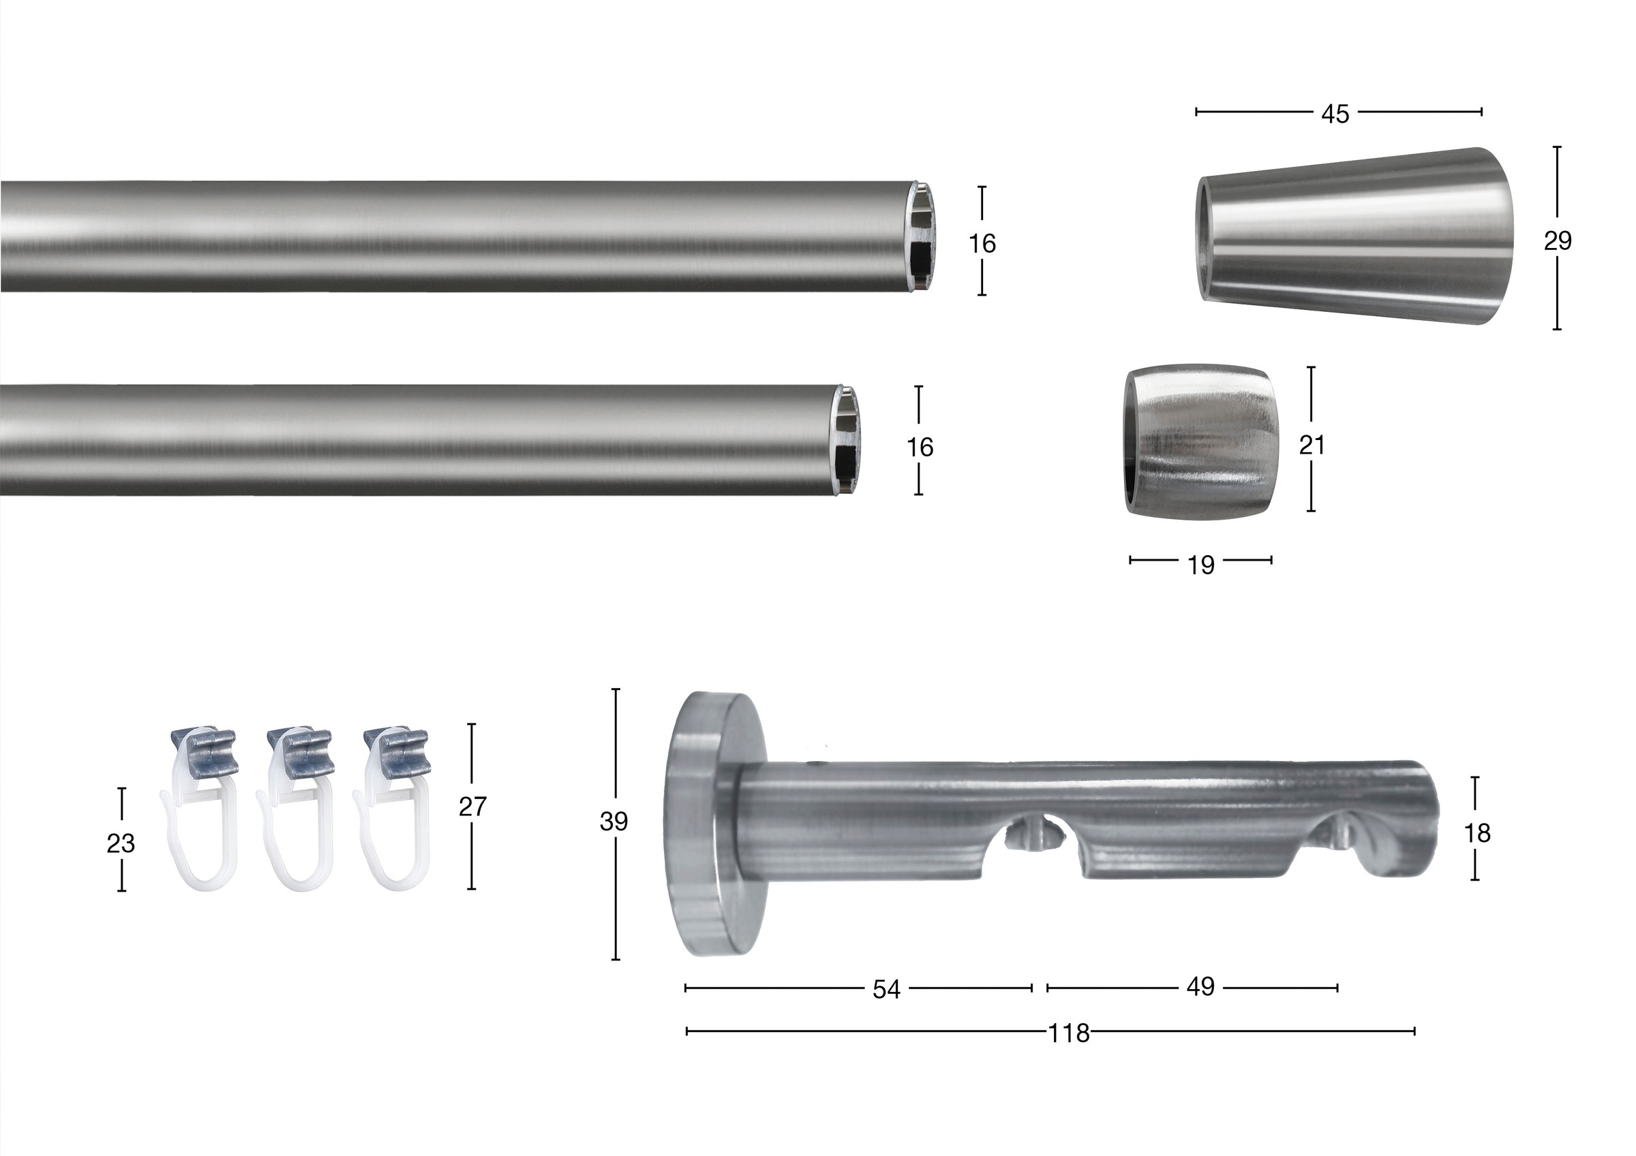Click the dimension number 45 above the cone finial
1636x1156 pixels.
click(1335, 114)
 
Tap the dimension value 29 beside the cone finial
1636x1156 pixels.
click(1558, 241)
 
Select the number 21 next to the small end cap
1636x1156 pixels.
click(1312, 445)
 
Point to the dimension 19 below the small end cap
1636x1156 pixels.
click(1200, 565)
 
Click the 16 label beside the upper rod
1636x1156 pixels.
click(982, 244)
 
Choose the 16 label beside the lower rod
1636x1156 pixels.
click(920, 448)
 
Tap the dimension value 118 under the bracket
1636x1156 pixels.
click(1069, 1033)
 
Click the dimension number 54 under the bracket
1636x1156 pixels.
click(886, 989)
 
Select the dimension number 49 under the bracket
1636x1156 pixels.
click(1200, 987)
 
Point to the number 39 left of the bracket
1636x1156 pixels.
click(613, 822)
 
